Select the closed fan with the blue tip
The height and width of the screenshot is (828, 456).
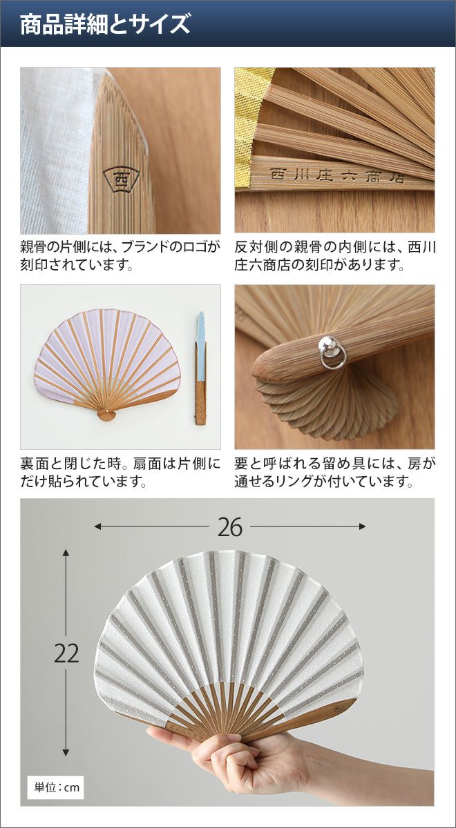200,368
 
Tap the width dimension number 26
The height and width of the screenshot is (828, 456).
230,526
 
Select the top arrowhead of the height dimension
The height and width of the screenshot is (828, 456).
66,553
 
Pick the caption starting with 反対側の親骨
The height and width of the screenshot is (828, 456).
334,256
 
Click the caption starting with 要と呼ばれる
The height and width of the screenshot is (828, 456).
334,473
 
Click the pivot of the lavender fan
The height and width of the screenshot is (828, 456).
106,411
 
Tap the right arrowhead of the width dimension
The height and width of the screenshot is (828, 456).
362,526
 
